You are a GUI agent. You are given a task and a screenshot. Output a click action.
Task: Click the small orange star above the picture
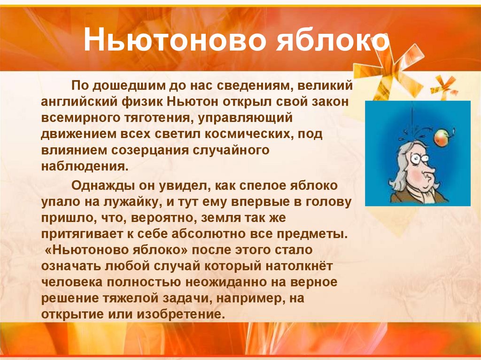(x=444, y=85)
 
